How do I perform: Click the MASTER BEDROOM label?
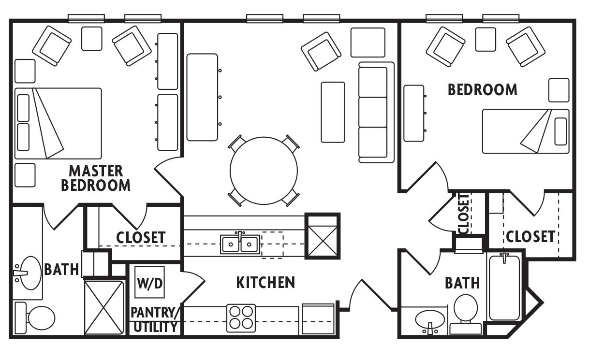point(96,178)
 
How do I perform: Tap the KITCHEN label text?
point(265,283)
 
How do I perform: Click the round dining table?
point(263,171)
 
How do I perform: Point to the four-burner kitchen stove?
point(241,318)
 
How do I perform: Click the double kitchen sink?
point(240,244)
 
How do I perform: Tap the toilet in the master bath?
point(36,317)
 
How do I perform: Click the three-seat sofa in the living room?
point(373,112)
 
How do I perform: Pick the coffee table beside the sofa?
point(333,112)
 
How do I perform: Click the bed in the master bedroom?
point(58,123)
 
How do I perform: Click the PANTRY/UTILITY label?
point(155,319)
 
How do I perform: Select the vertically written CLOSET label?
point(464,214)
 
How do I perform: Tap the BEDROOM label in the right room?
point(482,90)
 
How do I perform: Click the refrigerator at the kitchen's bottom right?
point(318,318)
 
